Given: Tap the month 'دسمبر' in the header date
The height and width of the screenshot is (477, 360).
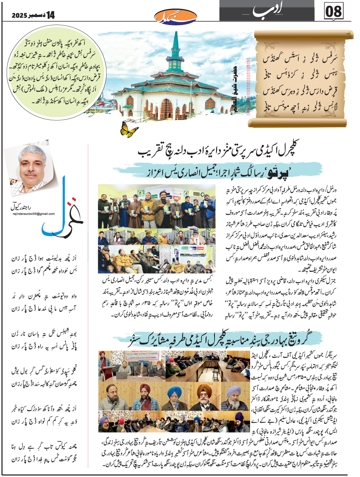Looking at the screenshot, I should [x=37, y=15].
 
